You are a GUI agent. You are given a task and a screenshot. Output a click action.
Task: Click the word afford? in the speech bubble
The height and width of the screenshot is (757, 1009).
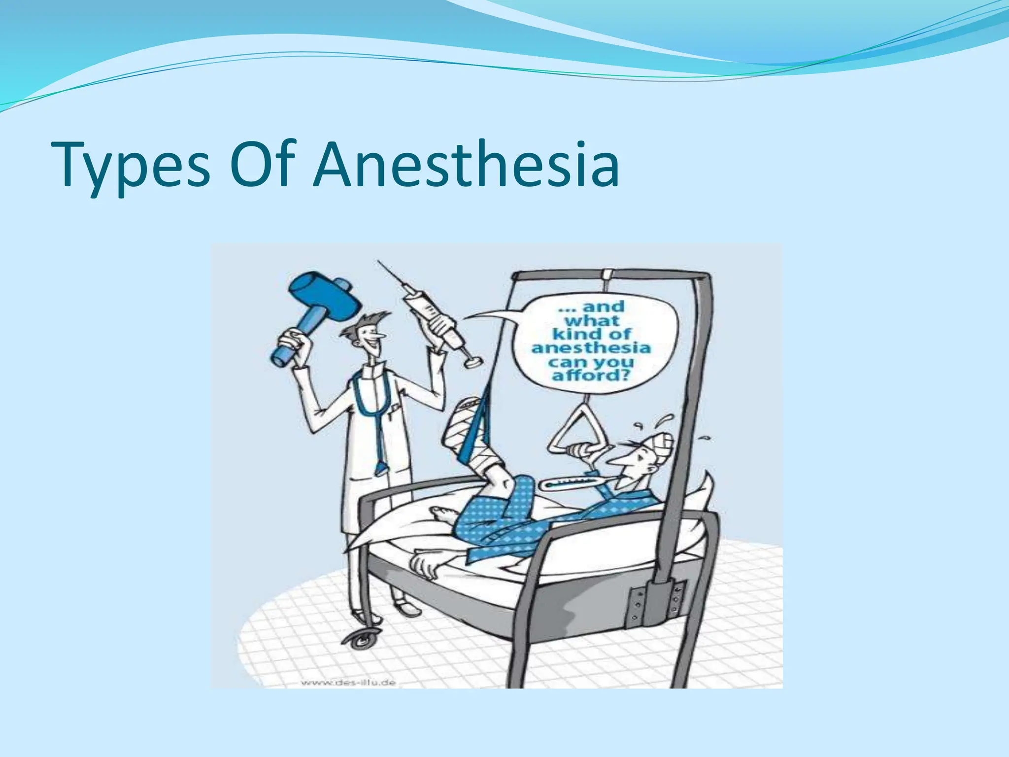[x=591, y=376]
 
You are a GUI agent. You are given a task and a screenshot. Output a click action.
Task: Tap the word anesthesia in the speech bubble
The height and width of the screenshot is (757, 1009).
[x=591, y=348]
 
